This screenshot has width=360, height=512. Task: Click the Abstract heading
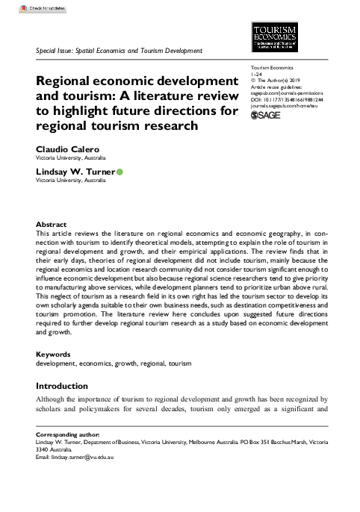pyautogui.click(x=52, y=225)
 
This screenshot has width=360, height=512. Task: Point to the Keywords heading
pyautogui.click(x=55, y=353)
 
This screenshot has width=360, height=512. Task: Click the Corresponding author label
pyautogui.click(x=70, y=434)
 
